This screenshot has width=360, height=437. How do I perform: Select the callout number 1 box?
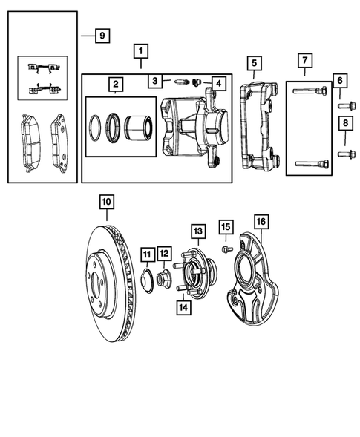pyautogui.click(x=140, y=52)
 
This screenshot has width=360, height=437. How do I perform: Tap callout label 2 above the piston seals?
pyautogui.click(x=115, y=85)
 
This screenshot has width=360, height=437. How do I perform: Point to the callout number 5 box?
pyautogui.click(x=253, y=63)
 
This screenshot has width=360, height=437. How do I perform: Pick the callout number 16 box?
pyautogui.click(x=259, y=221)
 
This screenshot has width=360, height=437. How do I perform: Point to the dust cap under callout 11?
pyautogui.click(x=147, y=280)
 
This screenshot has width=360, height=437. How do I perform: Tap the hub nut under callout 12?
pyautogui.click(x=165, y=281)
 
